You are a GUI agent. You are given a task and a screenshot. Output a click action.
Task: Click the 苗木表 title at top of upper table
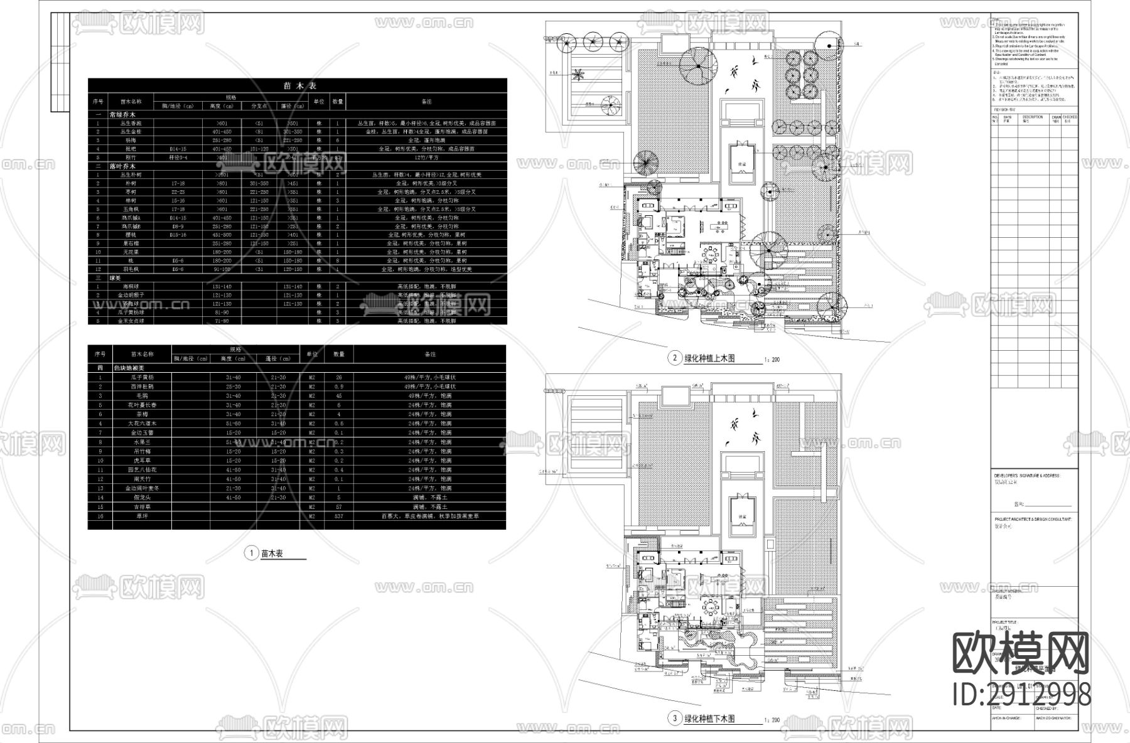[x=298, y=86]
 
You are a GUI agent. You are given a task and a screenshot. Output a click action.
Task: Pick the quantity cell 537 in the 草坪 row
[x=339, y=516]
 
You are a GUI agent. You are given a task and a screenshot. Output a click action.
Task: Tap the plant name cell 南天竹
[x=141, y=479]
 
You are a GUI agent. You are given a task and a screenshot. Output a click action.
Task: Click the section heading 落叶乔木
[x=123, y=166]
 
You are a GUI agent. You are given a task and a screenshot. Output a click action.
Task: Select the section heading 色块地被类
[x=129, y=368]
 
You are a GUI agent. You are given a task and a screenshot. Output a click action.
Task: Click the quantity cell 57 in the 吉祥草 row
[x=339, y=506]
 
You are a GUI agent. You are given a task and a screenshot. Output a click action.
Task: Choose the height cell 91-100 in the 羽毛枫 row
[x=222, y=269]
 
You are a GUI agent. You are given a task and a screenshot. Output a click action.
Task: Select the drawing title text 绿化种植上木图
[x=709, y=359]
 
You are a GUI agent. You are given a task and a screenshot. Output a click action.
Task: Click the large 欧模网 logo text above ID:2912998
[x=1020, y=653]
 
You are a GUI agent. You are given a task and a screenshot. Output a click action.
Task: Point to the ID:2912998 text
[x=1021, y=695]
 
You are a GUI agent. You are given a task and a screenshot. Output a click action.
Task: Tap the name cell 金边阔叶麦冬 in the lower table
[x=141, y=488]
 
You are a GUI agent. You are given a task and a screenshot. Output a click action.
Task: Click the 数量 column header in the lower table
[x=339, y=355]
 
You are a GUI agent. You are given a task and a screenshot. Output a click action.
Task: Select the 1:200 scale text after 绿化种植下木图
[x=772, y=720]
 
